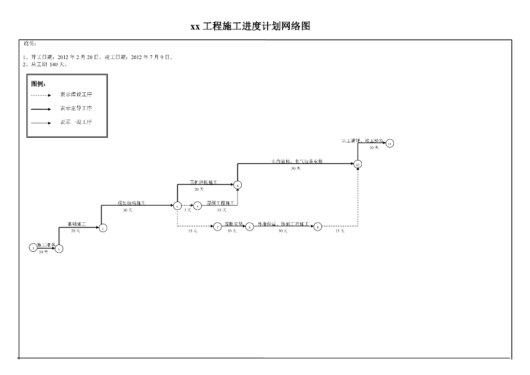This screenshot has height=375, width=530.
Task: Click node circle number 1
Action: pyautogui.click(x=34, y=248)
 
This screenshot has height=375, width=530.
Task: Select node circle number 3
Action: pyautogui.click(x=103, y=228)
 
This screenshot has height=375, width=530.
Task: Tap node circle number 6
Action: pyautogui.click(x=238, y=185)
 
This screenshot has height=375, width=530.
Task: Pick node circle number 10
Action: pyautogui.click(x=358, y=164)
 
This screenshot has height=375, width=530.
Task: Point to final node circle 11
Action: pyautogui.click(x=390, y=143)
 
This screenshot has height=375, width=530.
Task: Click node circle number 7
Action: pyautogui.click(x=217, y=227)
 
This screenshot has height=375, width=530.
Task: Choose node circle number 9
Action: pyautogui.click(x=318, y=227)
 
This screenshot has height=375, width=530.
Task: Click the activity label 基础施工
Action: pyautogui.click(x=77, y=224)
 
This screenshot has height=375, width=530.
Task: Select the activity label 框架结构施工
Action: pyautogui.click(x=131, y=203)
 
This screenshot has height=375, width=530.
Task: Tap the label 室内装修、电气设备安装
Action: pyautogui.click(x=297, y=162)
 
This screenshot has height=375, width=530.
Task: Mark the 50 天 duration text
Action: pyautogui.click(x=296, y=169)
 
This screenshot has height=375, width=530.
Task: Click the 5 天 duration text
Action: pyautogui.click(x=187, y=210)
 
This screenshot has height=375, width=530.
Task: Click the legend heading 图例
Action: pyautogui.click(x=38, y=84)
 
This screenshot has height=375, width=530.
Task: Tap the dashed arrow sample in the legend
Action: pyautogui.click(x=41, y=95)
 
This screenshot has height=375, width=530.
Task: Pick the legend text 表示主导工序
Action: pyautogui.click(x=76, y=109)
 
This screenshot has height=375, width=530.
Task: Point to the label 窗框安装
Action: pyautogui.click(x=234, y=224)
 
